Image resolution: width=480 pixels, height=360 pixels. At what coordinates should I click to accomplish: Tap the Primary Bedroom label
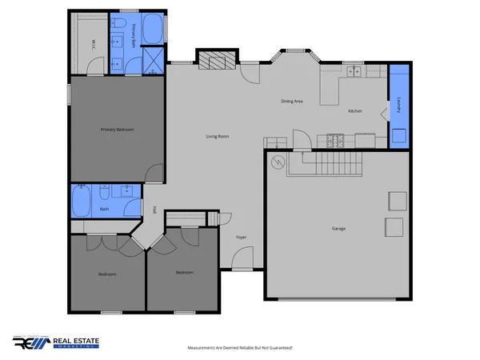point(117,129)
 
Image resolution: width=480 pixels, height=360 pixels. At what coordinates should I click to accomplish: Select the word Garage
point(338,229)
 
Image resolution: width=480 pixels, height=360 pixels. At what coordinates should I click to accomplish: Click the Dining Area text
point(291,101)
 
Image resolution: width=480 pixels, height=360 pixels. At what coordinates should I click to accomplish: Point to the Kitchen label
point(356,111)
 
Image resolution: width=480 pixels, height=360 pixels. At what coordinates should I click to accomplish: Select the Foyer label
point(241,238)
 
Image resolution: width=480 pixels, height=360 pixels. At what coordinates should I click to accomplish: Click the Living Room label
point(218,137)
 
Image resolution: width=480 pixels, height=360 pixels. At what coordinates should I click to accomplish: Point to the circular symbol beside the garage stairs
point(277,163)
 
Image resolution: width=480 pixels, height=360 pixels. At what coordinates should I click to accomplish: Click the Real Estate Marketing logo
point(56,342)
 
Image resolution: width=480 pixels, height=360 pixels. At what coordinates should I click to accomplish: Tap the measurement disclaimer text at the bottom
point(240,348)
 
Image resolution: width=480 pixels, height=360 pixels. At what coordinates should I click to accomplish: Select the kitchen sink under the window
point(354,71)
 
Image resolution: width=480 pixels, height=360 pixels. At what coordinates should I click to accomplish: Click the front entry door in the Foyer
point(242,260)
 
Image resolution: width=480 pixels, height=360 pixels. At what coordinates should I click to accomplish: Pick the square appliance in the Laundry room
point(398,135)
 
